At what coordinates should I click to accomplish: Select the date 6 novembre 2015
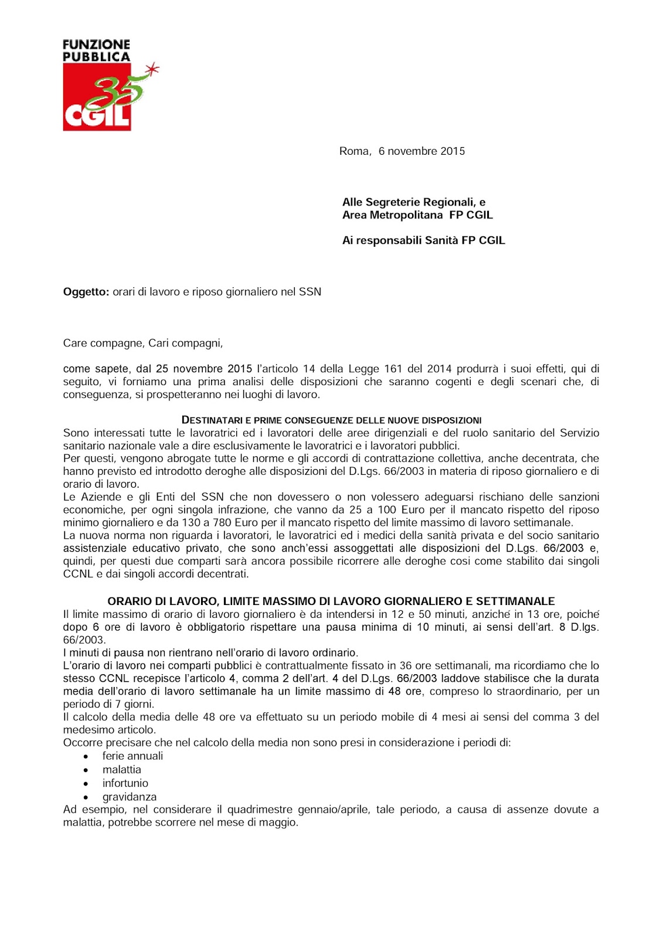point(421,151)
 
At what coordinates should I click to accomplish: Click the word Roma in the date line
point(354,151)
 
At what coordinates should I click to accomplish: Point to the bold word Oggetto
point(86,292)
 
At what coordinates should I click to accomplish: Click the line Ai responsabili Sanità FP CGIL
point(423,240)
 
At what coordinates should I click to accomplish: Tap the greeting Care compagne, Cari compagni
point(143,343)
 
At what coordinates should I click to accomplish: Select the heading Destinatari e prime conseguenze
point(331,420)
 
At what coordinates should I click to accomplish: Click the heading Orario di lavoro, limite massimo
point(331,601)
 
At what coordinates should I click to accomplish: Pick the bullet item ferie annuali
point(132,756)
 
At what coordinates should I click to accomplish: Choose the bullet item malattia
point(121,769)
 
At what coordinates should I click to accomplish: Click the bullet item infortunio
point(125,783)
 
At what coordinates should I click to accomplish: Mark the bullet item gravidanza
point(129,797)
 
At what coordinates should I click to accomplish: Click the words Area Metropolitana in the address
point(393,215)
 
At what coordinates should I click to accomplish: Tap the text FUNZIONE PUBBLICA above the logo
point(96,50)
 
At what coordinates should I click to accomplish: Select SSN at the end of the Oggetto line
point(310,292)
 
